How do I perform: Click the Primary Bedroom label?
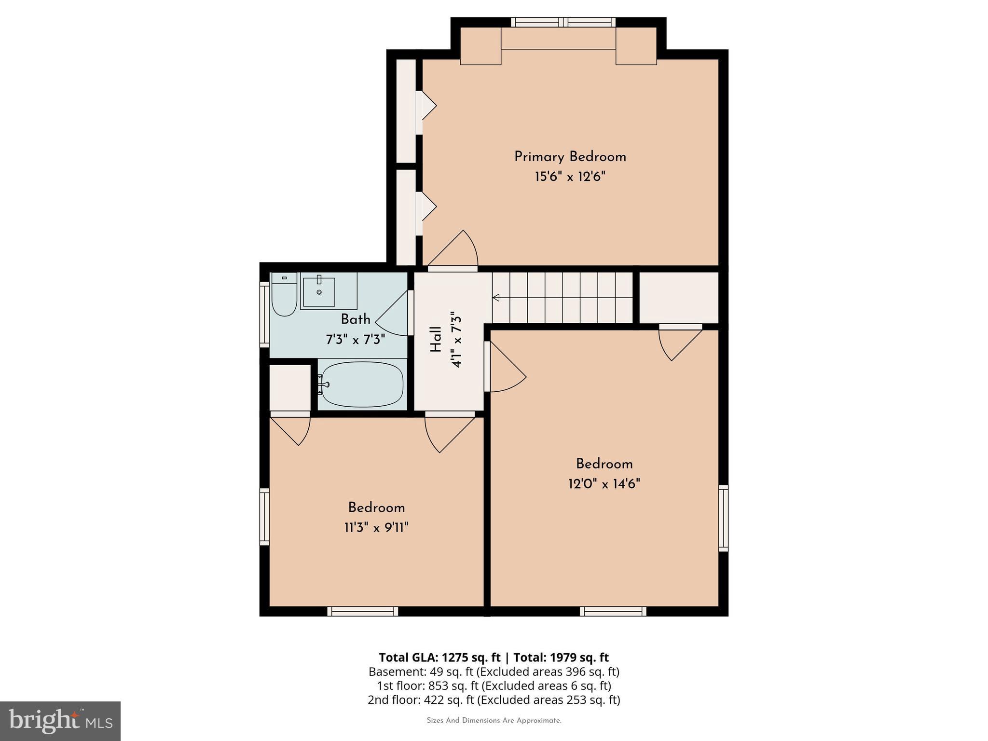pos(570,157)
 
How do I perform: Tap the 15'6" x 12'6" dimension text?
pos(570,177)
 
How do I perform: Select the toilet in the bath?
pos(284,295)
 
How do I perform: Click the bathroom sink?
pos(319,291)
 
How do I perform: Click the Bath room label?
pos(356,319)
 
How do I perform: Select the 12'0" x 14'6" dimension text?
pos(604,484)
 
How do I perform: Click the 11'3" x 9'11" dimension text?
pos(376,528)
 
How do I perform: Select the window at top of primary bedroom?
pos(563,22)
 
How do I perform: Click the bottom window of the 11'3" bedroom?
pos(363,611)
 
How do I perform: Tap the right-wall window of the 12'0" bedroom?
pos(723,518)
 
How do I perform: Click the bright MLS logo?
pos(60,721)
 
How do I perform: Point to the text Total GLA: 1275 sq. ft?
pos(439,658)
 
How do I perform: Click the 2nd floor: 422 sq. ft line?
pos(494,700)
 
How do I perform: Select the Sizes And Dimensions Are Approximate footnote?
pos(494,721)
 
